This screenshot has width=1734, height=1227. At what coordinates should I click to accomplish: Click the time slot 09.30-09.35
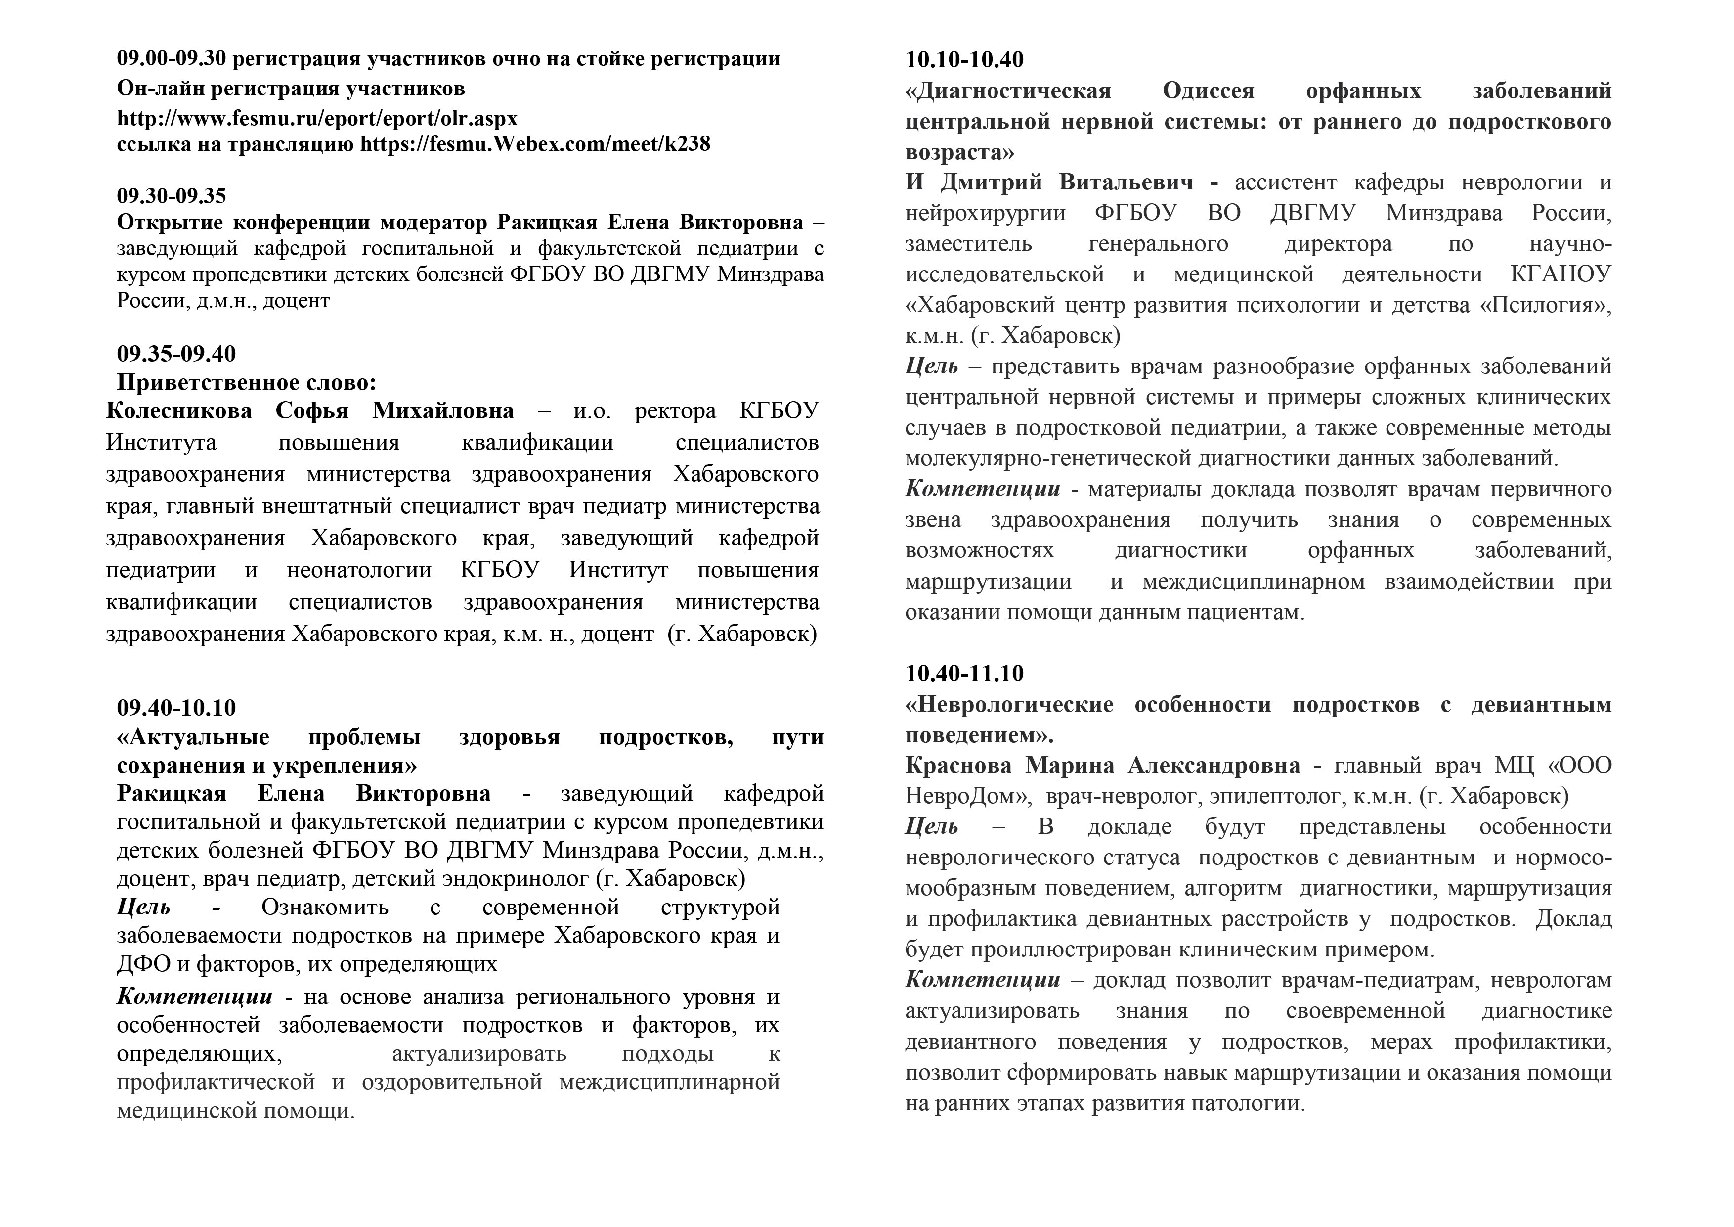(172, 196)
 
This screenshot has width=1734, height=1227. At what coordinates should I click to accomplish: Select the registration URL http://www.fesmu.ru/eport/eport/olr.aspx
(317, 119)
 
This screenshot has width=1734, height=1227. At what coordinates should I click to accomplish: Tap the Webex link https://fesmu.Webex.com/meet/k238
(535, 143)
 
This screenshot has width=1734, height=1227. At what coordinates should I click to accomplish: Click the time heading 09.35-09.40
(176, 354)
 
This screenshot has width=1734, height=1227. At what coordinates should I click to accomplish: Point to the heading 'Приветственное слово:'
(246, 382)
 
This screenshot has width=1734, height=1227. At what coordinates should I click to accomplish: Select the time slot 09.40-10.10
(176, 707)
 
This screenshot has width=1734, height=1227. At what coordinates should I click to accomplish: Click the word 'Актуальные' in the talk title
(193, 737)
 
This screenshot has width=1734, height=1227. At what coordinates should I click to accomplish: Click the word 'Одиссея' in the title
(1209, 91)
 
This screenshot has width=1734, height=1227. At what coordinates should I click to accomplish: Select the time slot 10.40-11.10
(964, 673)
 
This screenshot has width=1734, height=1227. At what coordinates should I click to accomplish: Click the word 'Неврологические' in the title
(1009, 704)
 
